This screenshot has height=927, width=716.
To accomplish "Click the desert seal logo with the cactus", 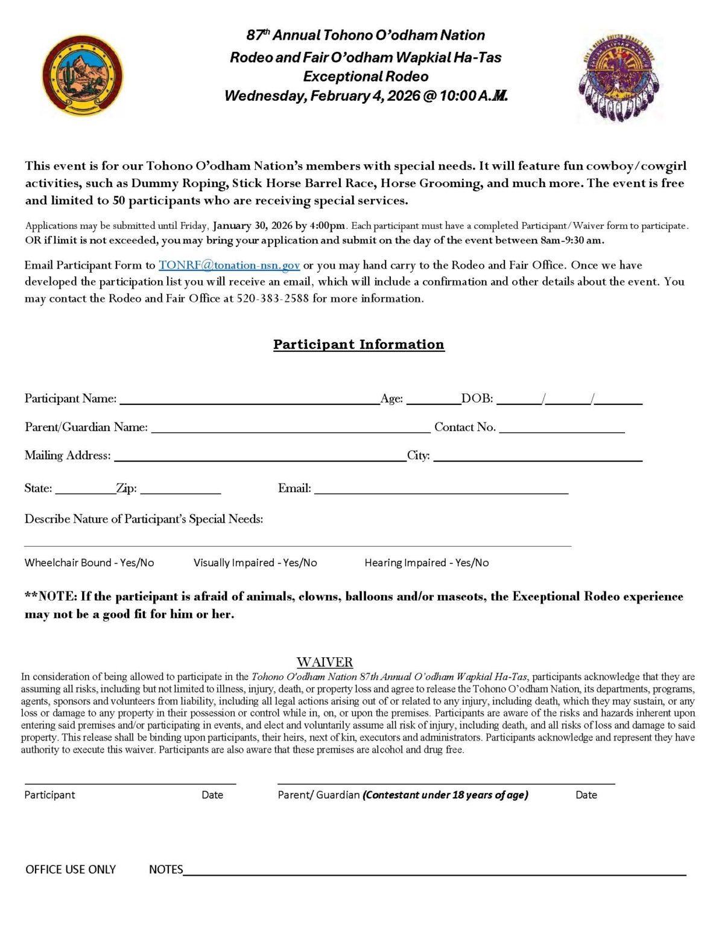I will coord(83,75).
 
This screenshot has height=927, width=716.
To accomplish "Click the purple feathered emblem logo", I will coord(618,78).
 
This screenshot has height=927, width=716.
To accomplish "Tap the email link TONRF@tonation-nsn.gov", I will coord(229,265).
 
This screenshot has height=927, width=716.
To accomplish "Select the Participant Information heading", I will coord(359,344).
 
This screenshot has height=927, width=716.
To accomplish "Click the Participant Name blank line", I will coord(250,400).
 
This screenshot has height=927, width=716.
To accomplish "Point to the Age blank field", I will coord(433,400).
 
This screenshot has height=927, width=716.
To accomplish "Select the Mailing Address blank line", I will coord(260,457).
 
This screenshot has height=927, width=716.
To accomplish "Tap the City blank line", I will coord(537,457).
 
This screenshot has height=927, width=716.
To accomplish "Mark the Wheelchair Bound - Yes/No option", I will coord(89,562).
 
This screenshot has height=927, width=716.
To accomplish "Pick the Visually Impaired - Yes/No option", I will coord(255,562).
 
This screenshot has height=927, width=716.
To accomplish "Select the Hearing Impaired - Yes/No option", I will coord(426,562).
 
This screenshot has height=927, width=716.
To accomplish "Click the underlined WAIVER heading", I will coord(325,662).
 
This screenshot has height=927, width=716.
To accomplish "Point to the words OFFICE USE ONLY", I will coord(71,869).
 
